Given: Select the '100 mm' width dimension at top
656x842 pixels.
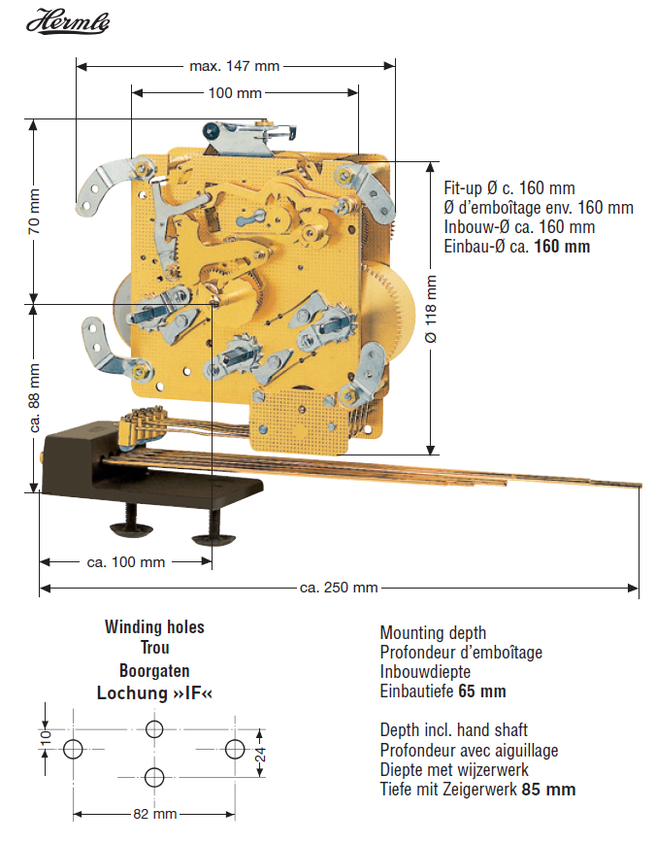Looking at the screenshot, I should point(235,93).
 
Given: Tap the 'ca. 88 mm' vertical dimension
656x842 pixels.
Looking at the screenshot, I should point(35,397).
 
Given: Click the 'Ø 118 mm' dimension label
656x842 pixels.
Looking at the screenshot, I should point(431,309).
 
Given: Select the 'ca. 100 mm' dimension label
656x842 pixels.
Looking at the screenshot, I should point(126,562).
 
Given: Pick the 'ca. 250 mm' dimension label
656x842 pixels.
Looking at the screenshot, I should point(339,588).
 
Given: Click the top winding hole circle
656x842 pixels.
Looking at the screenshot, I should point(154,729).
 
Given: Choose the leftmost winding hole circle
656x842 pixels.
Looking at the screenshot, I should point(73,749).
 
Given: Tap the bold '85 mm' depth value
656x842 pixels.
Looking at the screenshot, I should point(548,789).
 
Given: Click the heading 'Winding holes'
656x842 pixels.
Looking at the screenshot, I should point(154,627).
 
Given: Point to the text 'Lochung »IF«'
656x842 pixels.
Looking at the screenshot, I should point(154,693).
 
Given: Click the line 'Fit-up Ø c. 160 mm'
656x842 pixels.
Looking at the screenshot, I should point(509,187).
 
